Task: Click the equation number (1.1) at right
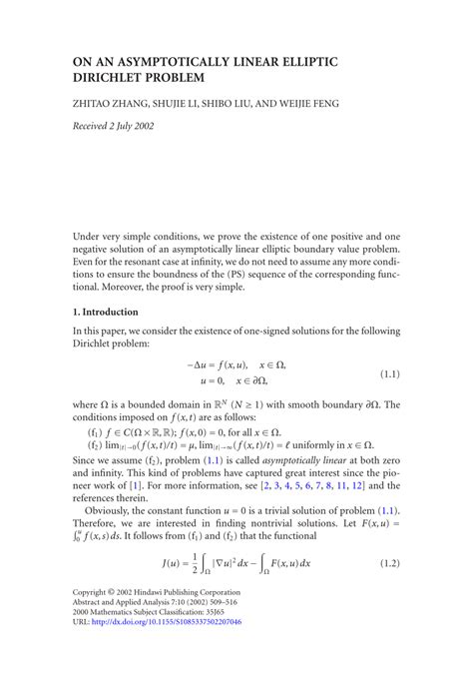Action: tap(389, 373)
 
